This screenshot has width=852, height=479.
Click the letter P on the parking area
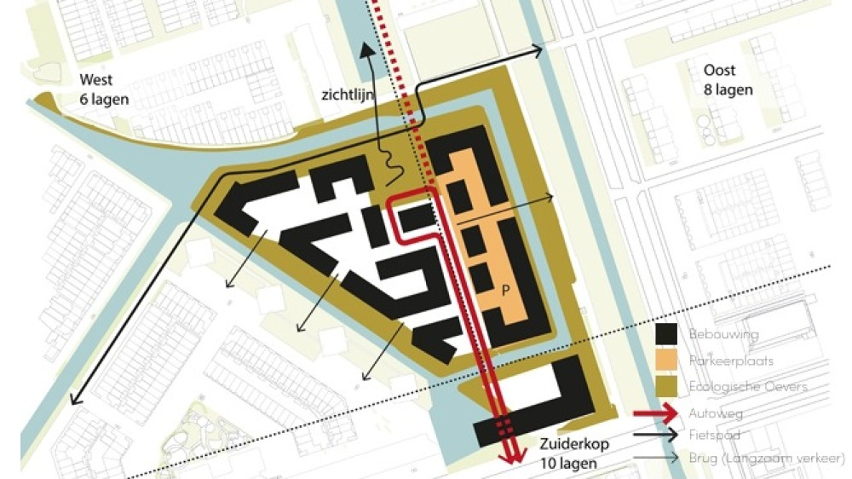point(505,291)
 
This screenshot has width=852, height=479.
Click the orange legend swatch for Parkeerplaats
point(665,361)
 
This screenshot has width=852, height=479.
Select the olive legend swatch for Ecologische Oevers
point(665,387)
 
